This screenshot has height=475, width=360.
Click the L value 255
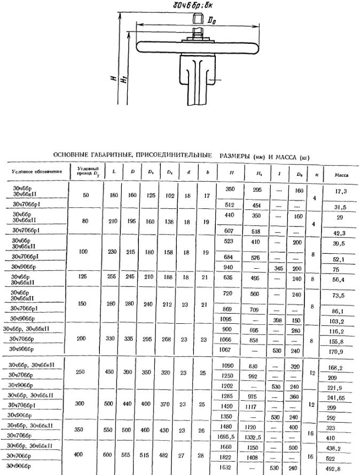[113, 277]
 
